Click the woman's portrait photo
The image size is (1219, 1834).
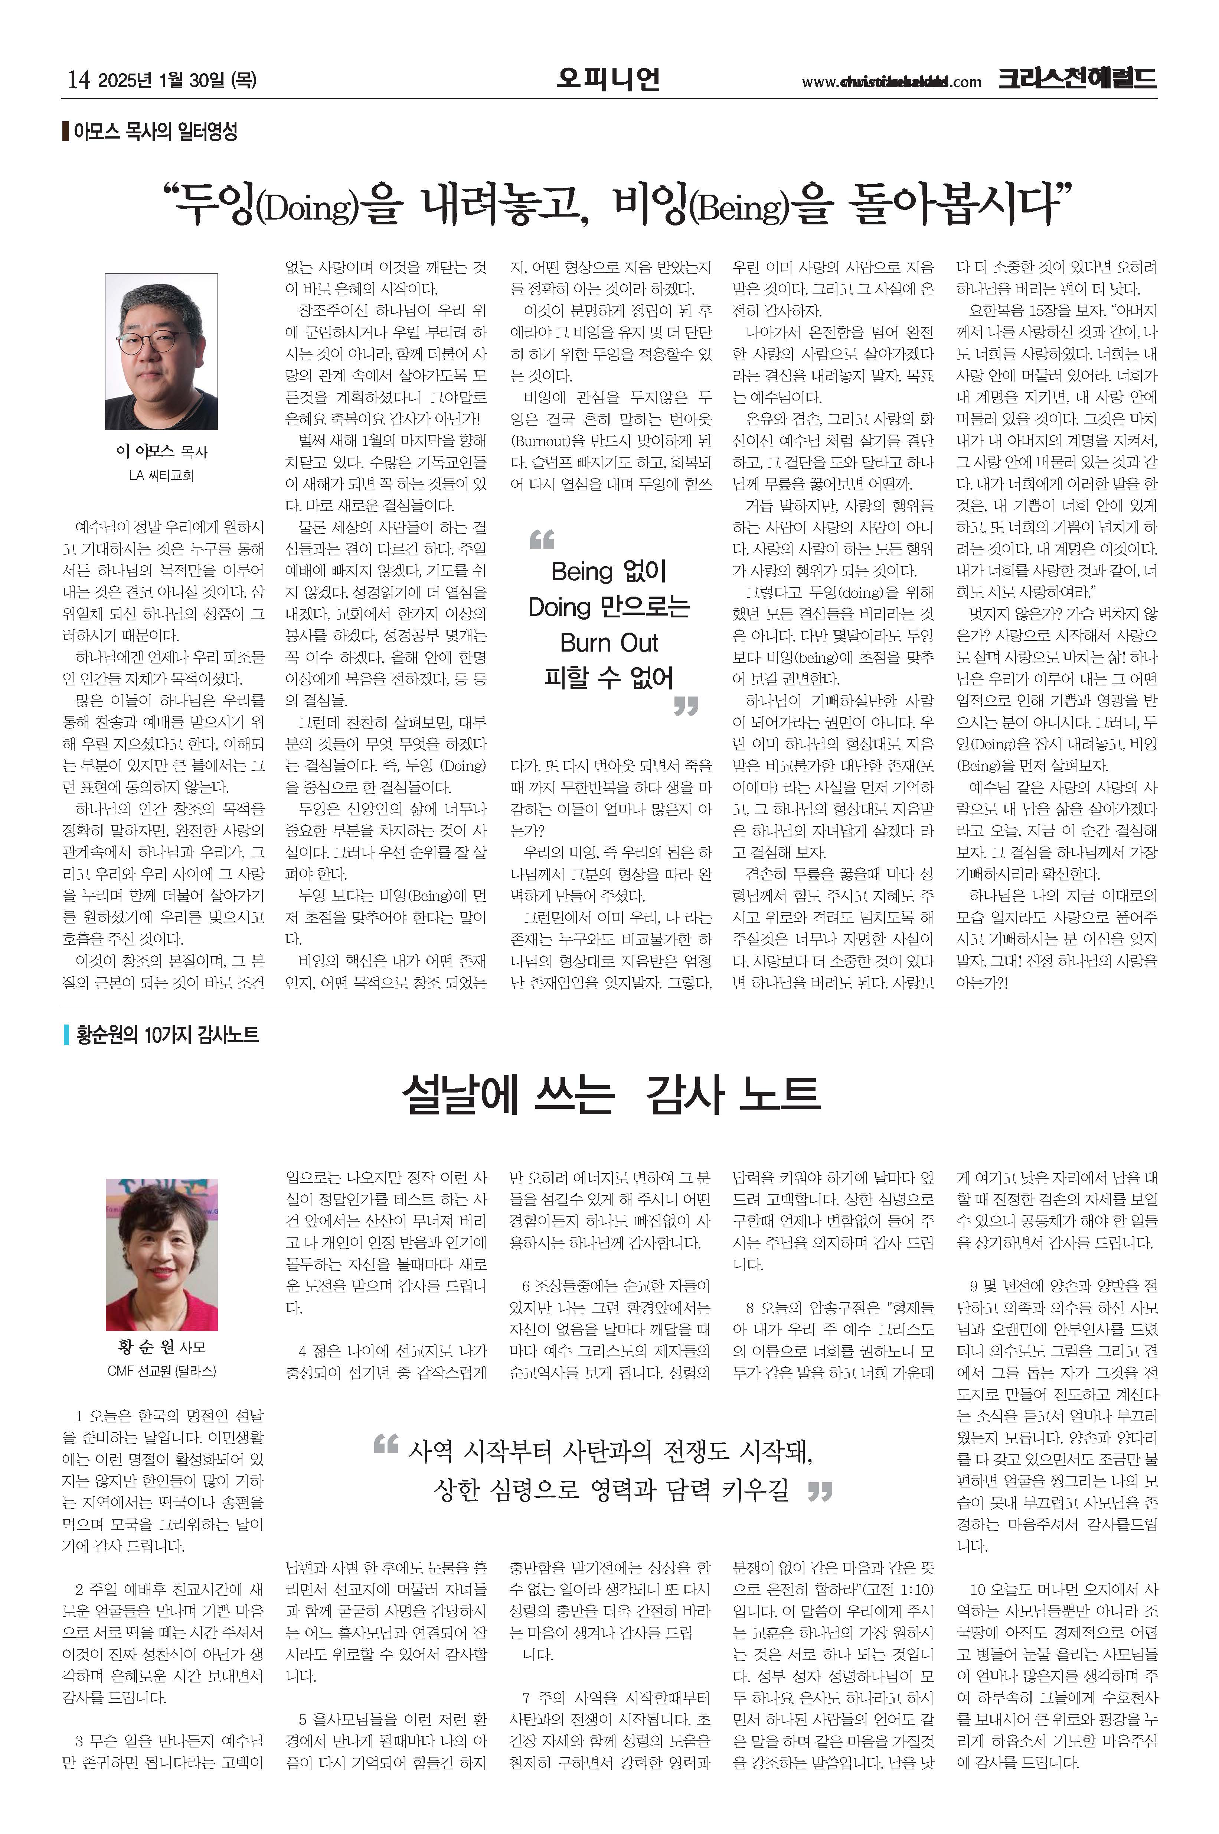pos(162,1254)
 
